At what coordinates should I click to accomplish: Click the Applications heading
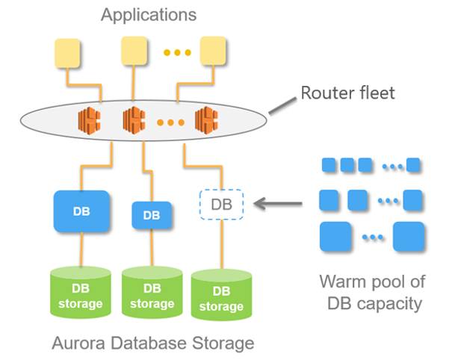[149, 15]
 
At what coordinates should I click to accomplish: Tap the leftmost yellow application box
[67, 53]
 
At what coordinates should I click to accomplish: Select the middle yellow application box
[134, 51]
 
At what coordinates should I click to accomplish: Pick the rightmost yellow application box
[213, 51]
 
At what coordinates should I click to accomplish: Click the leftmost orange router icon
[90, 121]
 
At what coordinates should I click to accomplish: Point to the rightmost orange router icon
[206, 120]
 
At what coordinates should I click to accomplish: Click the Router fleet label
[348, 93]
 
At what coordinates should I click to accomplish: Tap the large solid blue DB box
[81, 211]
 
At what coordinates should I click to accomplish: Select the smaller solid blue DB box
[152, 215]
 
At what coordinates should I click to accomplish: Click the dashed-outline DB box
[221, 205]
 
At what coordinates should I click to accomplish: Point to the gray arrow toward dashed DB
[278, 203]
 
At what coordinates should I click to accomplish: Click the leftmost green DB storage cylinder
[81, 292]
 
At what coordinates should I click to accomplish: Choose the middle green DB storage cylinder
[152, 292]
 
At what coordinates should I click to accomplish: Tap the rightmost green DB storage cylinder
[221, 295]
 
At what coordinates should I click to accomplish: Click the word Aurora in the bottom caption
[78, 344]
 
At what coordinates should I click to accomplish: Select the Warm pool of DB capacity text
[373, 293]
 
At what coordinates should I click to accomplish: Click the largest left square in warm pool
[335, 237]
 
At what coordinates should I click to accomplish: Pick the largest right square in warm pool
[409, 237]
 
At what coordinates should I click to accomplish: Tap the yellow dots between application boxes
[177, 52]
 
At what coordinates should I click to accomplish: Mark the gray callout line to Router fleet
[283, 106]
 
